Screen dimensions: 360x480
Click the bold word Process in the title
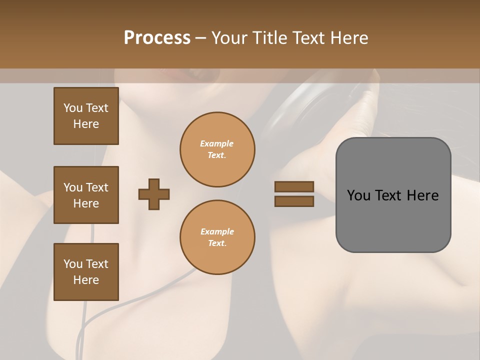tap(157, 37)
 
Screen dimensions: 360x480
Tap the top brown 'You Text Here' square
tap(86, 116)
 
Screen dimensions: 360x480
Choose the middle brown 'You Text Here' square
tap(86, 195)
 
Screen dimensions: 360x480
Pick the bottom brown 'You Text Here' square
tap(86, 272)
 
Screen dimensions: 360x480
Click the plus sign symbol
tap(154, 194)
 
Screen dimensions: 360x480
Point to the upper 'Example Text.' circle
tap(217, 149)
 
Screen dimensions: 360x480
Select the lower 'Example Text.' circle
tap(217, 237)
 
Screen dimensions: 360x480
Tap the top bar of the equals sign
tap(294, 187)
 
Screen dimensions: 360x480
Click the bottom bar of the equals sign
tap(294, 201)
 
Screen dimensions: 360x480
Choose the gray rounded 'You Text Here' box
tap(393, 195)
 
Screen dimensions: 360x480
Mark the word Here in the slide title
tap(348, 37)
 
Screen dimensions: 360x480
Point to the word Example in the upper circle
tap(217, 143)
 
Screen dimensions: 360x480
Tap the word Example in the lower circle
tap(217, 231)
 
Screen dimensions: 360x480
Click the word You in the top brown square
tap(72, 108)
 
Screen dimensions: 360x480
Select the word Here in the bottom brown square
tap(86, 280)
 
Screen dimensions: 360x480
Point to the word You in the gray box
tap(358, 195)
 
